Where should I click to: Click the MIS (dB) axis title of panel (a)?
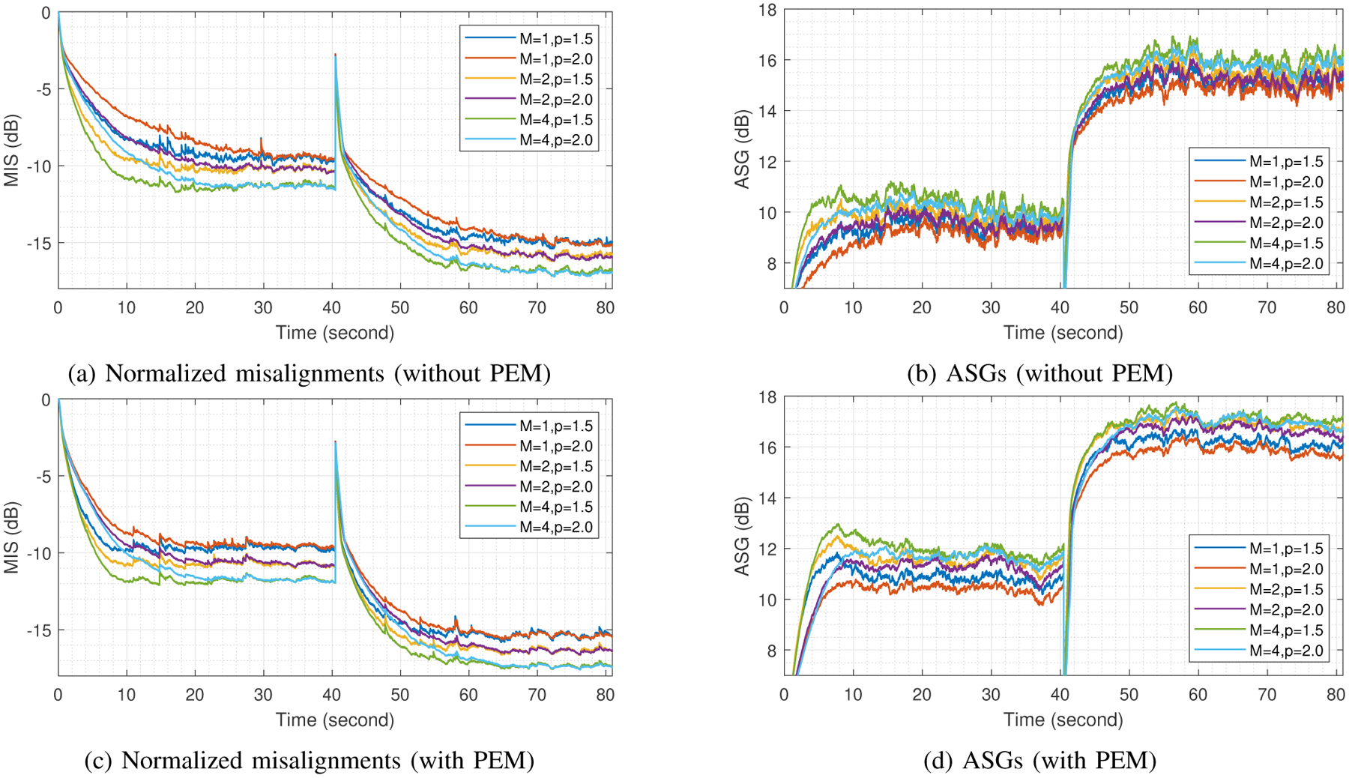click(x=11, y=150)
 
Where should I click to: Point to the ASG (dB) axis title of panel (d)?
click(x=742, y=536)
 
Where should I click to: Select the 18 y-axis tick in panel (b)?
click(x=767, y=10)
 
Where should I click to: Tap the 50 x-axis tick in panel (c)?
click(x=400, y=695)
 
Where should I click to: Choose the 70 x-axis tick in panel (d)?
click(x=1267, y=695)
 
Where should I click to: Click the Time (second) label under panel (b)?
click(x=1063, y=333)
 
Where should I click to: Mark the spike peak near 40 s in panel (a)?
click(x=335, y=55)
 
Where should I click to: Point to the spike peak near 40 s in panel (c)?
click(x=335, y=442)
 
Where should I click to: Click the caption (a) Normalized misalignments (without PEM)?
click(x=309, y=373)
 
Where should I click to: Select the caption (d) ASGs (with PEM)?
click(x=1039, y=761)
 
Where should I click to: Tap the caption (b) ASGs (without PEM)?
click(x=1039, y=373)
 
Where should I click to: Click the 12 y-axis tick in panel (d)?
click(x=767, y=549)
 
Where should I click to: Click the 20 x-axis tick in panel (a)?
click(x=195, y=308)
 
